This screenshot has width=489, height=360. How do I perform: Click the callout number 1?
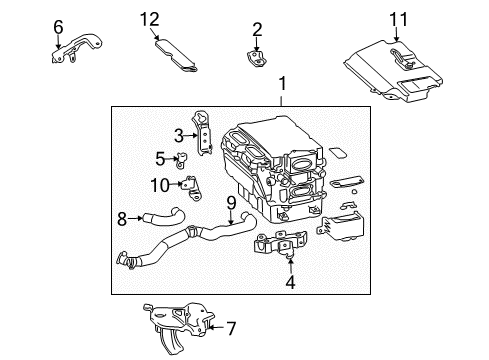[x=282, y=85]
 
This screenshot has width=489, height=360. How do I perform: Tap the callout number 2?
[x=257, y=29]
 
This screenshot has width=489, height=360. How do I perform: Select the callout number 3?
[x=179, y=135]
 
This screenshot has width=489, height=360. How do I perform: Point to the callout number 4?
[x=291, y=282]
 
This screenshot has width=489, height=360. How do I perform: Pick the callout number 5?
[x=160, y=157]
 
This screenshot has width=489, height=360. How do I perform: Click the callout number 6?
[x=58, y=27]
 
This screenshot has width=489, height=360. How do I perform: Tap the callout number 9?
[x=230, y=203]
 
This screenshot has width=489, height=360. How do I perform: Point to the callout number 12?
[x=149, y=19]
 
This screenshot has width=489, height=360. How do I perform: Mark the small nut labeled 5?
[x=184, y=158]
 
